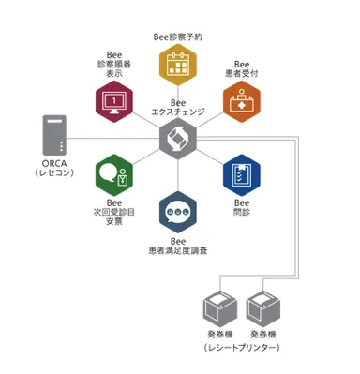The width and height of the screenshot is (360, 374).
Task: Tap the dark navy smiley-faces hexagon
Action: point(177,212)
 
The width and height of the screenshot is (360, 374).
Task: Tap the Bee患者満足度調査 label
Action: point(178,247)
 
